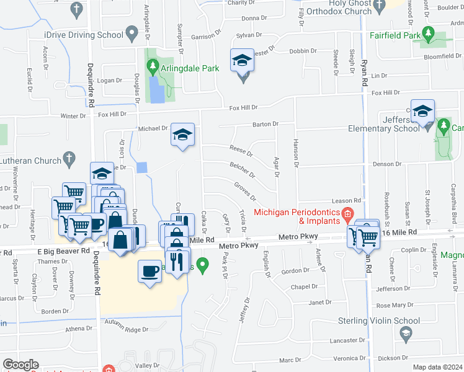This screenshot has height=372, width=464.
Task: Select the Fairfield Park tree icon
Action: click(427, 32)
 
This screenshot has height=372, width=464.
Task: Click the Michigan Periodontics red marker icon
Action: click(347, 216)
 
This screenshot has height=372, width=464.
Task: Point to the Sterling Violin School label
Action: click(378, 321)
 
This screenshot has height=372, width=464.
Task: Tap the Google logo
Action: click(21, 365)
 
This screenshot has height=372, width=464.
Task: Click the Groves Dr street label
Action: click(245, 191)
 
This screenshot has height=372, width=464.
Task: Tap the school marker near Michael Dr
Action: click(183, 135)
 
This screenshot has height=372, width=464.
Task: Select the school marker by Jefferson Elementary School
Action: click(422, 112)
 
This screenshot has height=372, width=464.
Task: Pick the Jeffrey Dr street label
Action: click(243, 310)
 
